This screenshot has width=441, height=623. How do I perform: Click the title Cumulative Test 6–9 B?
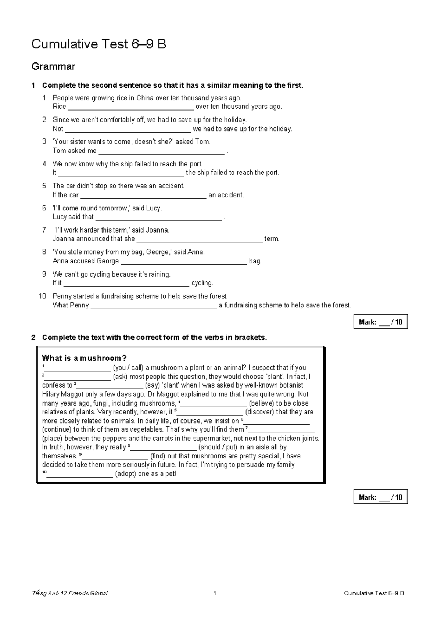point(98,44)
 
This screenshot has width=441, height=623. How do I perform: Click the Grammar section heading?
point(53,66)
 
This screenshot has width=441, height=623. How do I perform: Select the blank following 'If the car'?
point(143,195)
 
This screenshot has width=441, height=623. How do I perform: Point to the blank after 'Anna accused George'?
point(183,262)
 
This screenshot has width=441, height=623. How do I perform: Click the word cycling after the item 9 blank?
point(202,283)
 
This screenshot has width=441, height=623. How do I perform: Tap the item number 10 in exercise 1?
point(43,296)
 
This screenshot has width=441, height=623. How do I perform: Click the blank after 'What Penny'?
point(153,306)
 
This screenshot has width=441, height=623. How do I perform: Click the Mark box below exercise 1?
point(380,322)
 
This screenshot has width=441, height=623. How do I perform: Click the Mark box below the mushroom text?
point(380,497)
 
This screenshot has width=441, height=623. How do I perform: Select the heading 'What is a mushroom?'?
point(84,358)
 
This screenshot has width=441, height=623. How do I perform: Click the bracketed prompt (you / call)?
point(128,368)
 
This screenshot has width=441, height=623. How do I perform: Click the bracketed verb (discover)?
point(259,412)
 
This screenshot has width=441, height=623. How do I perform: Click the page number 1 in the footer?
point(215,593)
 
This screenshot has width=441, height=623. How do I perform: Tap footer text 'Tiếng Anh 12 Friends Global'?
point(70,593)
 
